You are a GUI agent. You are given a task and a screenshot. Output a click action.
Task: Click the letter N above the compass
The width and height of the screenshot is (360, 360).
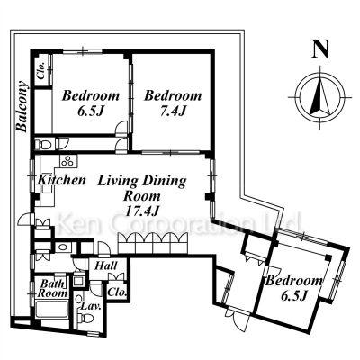(x=321, y=49)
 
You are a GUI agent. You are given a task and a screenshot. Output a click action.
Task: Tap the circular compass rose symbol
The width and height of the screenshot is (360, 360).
(x=320, y=98)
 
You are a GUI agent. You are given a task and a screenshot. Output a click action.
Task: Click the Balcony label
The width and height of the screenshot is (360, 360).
(x=22, y=106)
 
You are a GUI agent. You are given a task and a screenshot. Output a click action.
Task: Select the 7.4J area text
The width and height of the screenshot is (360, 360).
(x=173, y=112)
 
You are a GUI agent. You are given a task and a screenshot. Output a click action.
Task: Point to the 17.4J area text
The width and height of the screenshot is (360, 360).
(x=141, y=211)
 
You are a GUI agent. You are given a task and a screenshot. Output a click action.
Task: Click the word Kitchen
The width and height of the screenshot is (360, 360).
(x=62, y=180)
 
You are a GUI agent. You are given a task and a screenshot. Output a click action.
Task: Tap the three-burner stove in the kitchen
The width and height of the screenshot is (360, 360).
(x=67, y=161)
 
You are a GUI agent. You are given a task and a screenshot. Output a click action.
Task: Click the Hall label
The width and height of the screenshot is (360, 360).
(x=106, y=265)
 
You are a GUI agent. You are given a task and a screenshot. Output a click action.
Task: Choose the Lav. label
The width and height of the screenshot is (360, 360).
(x=91, y=307)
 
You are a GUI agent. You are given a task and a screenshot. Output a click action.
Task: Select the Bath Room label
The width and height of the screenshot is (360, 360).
(x=52, y=288)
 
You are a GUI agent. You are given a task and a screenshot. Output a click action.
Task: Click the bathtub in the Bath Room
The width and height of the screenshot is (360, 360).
(x=51, y=309)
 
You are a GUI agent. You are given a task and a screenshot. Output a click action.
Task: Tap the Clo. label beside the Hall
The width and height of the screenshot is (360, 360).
(x=117, y=292)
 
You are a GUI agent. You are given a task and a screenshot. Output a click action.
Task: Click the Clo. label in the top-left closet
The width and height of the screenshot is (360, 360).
(x=41, y=71)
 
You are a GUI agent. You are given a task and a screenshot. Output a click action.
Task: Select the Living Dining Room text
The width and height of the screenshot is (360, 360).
(x=142, y=188)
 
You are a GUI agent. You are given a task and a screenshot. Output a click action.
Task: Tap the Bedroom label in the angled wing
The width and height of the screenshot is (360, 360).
(x=294, y=282)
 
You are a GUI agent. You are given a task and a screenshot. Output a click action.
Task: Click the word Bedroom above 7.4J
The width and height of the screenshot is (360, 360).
(x=173, y=96)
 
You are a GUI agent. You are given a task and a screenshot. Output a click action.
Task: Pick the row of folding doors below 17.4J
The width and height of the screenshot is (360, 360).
(x=153, y=243)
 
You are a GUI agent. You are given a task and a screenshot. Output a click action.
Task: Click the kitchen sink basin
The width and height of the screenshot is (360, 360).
(x=47, y=190)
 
